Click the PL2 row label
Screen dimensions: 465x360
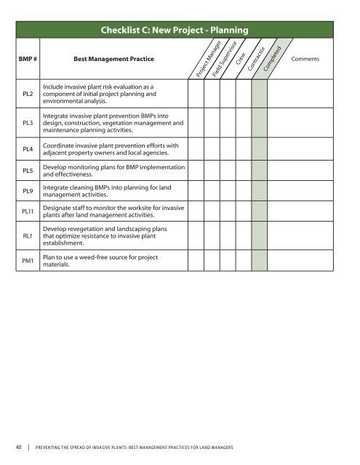pyautogui.click(x=27, y=94)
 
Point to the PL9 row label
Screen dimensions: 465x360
pyautogui.click(x=27, y=191)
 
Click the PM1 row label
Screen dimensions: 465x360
pyautogui.click(x=27, y=260)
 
